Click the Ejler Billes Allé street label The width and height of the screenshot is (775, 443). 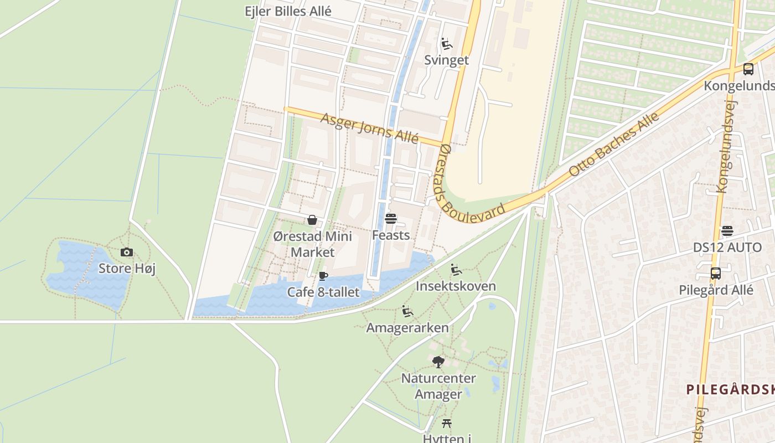pos(288,11)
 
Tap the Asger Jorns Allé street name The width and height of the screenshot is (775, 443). pos(369,127)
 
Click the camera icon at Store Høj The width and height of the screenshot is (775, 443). pos(127,253)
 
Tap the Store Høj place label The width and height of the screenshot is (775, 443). pos(127,269)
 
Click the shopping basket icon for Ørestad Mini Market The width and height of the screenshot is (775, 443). pos(312,220)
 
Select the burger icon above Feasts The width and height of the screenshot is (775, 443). pos(391,219)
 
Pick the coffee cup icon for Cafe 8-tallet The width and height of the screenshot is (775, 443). pos(323,276)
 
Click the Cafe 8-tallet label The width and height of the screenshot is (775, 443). pos(323,292)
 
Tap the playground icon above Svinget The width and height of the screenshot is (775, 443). pos(446,44)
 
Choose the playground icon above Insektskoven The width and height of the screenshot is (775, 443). pos(456,270)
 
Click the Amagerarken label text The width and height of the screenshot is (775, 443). pos(407,328)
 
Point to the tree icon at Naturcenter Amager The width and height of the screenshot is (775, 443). pos(438,362)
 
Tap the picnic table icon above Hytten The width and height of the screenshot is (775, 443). pos(447,424)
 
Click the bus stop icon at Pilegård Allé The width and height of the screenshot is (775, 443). pos(716,274)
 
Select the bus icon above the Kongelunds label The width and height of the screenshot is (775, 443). pos(748,69)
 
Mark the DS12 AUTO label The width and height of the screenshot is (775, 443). pos(727,248)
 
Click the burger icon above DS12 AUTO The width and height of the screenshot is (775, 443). pos(727,231)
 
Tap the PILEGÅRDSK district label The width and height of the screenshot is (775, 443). pos(730,389)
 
